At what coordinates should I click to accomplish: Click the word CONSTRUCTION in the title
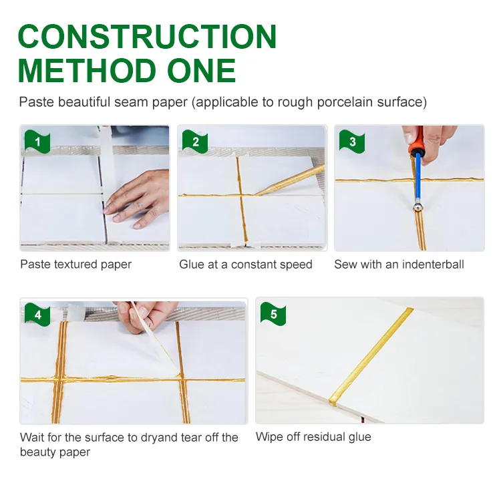pyautogui.click(x=148, y=37)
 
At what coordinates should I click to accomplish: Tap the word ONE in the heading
pyautogui.click(x=201, y=71)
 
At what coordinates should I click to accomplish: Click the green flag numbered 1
pyautogui.click(x=37, y=141)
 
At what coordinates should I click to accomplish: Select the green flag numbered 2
pyautogui.click(x=195, y=141)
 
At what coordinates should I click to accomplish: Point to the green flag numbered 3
pyautogui.click(x=352, y=141)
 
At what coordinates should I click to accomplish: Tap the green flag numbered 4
pyautogui.click(x=37, y=315)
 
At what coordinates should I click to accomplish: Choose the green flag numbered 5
pyautogui.click(x=273, y=314)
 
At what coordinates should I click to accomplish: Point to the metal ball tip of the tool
pyautogui.click(x=417, y=207)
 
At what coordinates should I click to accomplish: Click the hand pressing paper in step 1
pyautogui.click(x=138, y=198)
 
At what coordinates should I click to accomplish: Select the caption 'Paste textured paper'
pyautogui.click(x=75, y=265)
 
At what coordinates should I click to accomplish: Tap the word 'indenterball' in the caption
pyautogui.click(x=433, y=265)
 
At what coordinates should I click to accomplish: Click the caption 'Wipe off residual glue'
pyautogui.click(x=313, y=437)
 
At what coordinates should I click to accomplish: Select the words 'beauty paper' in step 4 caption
pyautogui.click(x=55, y=452)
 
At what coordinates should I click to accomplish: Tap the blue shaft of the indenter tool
pyautogui.click(x=417, y=178)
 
